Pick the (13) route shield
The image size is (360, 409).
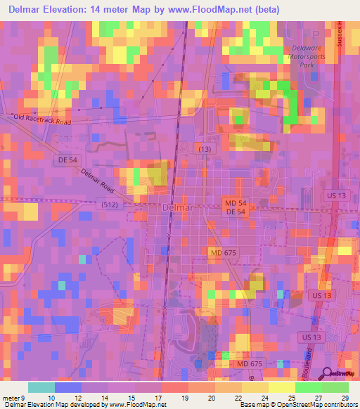coord(204,149)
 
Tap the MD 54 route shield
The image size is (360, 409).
coord(235,202)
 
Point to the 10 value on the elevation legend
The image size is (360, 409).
coord(50,397)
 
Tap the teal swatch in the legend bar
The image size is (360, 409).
coord(41,387)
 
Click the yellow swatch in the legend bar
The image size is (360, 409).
coord(281,387)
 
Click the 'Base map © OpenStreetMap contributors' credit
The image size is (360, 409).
coord(296,405)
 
